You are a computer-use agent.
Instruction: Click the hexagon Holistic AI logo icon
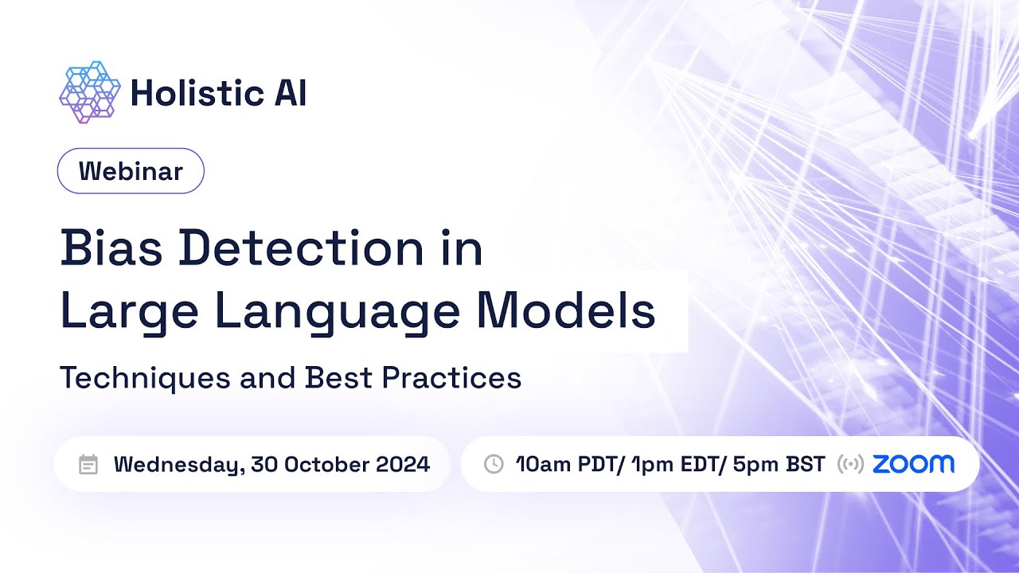coord(89,92)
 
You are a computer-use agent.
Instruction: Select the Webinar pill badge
coord(131,171)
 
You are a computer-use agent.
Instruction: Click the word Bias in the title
coord(111,248)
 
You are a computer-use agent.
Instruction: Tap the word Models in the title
coord(566,312)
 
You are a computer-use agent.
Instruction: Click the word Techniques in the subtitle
coord(144,378)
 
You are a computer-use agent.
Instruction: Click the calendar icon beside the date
coord(88,465)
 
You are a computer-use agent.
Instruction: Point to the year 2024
coord(403,465)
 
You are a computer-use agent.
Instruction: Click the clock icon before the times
coord(494,464)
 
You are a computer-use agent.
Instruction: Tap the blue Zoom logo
coord(913,464)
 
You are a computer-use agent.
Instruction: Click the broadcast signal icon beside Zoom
coord(850,465)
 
